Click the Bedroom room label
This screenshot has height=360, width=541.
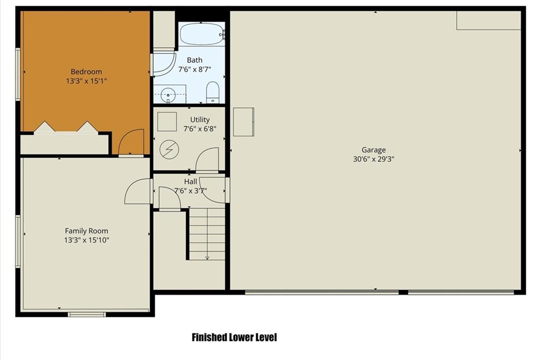pos(86,72)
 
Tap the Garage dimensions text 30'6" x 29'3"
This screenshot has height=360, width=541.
pos(374,159)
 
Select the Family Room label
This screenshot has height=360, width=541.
pos(86,231)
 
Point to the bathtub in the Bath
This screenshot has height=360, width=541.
pos(202,34)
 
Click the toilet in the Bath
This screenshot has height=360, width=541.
pos(212,92)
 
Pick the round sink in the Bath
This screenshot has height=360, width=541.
pos(169,94)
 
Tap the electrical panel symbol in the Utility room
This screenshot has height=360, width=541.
pos(170,150)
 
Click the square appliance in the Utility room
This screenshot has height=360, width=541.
pos(167,122)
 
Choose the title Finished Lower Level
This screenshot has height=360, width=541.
pos(234,337)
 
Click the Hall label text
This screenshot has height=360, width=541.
pos(190,181)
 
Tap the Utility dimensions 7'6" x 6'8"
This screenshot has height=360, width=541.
pos(200,129)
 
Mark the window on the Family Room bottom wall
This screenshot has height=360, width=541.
pos(87,315)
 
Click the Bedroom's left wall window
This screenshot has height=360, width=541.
pos(18,74)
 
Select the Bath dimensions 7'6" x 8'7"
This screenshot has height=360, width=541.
pos(194,69)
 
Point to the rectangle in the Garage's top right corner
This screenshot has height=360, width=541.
pos(489,21)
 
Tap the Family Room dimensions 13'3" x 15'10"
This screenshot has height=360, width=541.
pos(87,240)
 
